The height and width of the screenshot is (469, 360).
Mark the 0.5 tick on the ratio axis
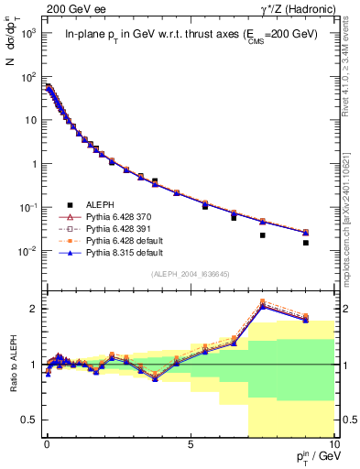click(31, 420)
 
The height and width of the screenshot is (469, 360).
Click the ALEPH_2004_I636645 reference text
click(191, 275)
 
